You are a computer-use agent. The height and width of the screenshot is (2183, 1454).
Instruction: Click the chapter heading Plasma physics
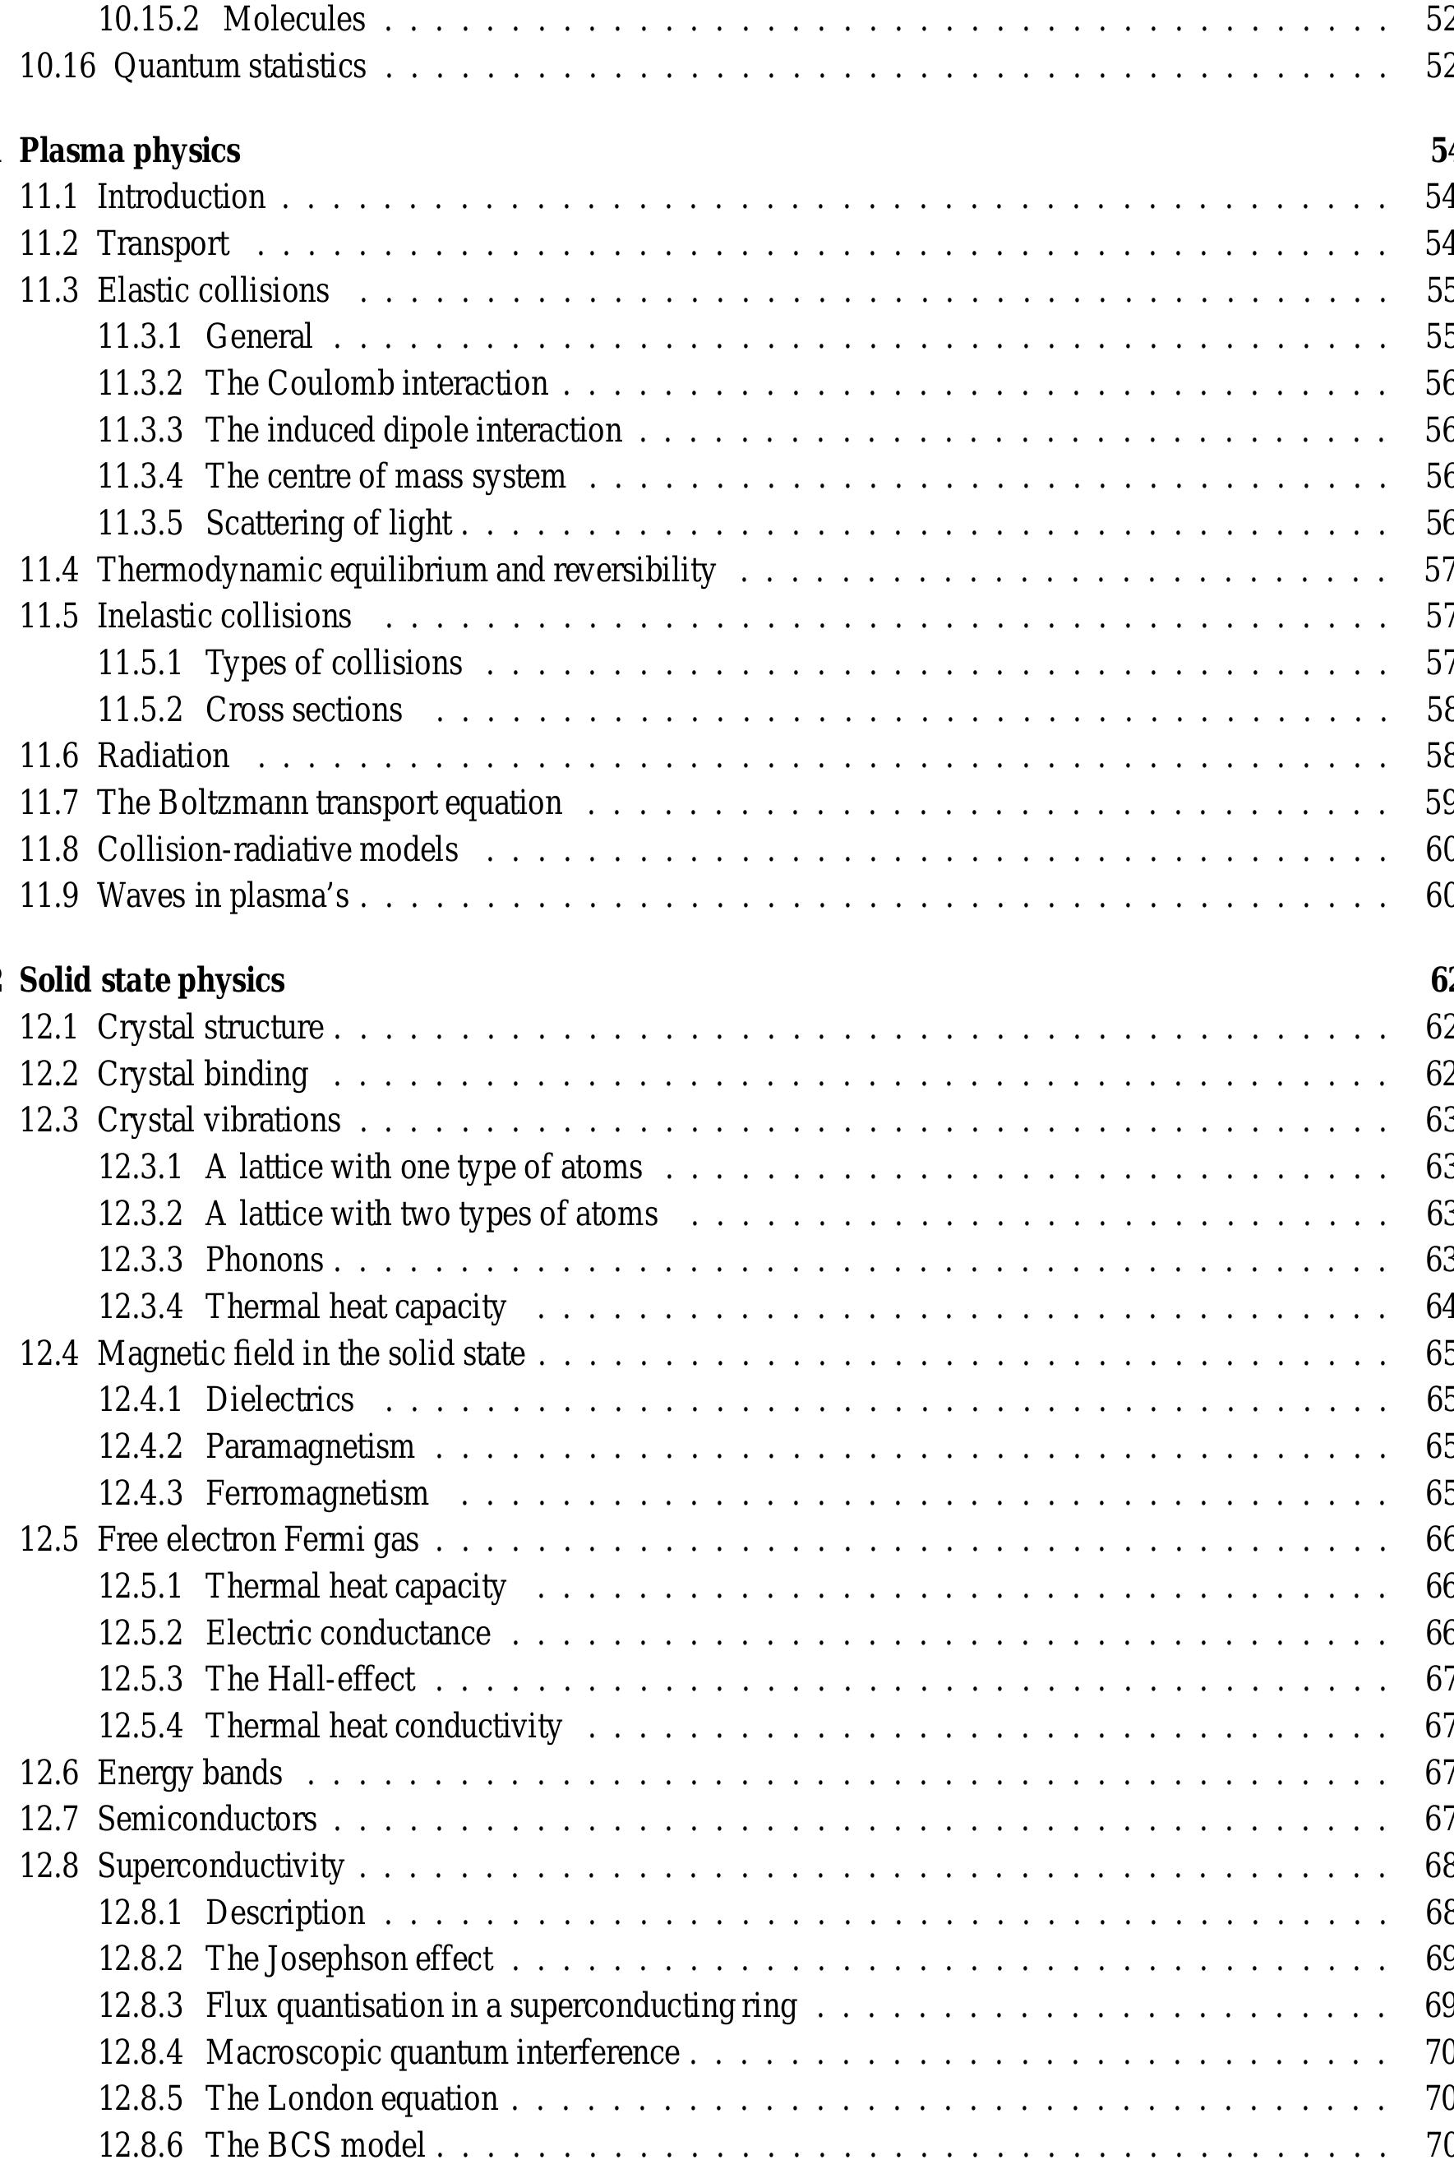[x=130, y=150]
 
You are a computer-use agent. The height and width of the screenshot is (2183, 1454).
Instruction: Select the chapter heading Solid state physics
[x=152, y=980]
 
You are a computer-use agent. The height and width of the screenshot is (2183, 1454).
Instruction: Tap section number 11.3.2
[x=140, y=383]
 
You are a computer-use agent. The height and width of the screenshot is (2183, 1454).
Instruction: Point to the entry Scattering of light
[x=328, y=523]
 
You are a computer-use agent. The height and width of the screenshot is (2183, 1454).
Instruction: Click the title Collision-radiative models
[x=277, y=849]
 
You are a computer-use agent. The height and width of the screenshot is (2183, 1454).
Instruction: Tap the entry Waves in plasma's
[x=223, y=896]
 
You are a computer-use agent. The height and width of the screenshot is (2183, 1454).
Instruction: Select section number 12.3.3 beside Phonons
[x=140, y=1260]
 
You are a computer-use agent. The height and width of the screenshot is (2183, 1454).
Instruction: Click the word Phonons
[x=265, y=1260]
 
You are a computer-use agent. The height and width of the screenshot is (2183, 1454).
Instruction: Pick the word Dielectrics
[x=279, y=1399]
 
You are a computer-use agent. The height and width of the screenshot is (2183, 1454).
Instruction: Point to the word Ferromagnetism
[x=316, y=1493]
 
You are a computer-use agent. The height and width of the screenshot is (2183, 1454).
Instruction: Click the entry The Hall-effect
[x=310, y=1678]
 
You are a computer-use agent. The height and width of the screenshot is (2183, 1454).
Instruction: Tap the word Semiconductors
[x=207, y=1819]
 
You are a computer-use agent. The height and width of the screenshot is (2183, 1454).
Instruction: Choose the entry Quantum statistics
[x=239, y=66]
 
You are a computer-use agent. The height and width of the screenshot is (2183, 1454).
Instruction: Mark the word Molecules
[x=294, y=20]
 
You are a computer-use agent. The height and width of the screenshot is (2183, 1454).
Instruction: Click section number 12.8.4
[x=140, y=2052]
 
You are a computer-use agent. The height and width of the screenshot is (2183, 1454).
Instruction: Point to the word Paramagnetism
[x=310, y=1445]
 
